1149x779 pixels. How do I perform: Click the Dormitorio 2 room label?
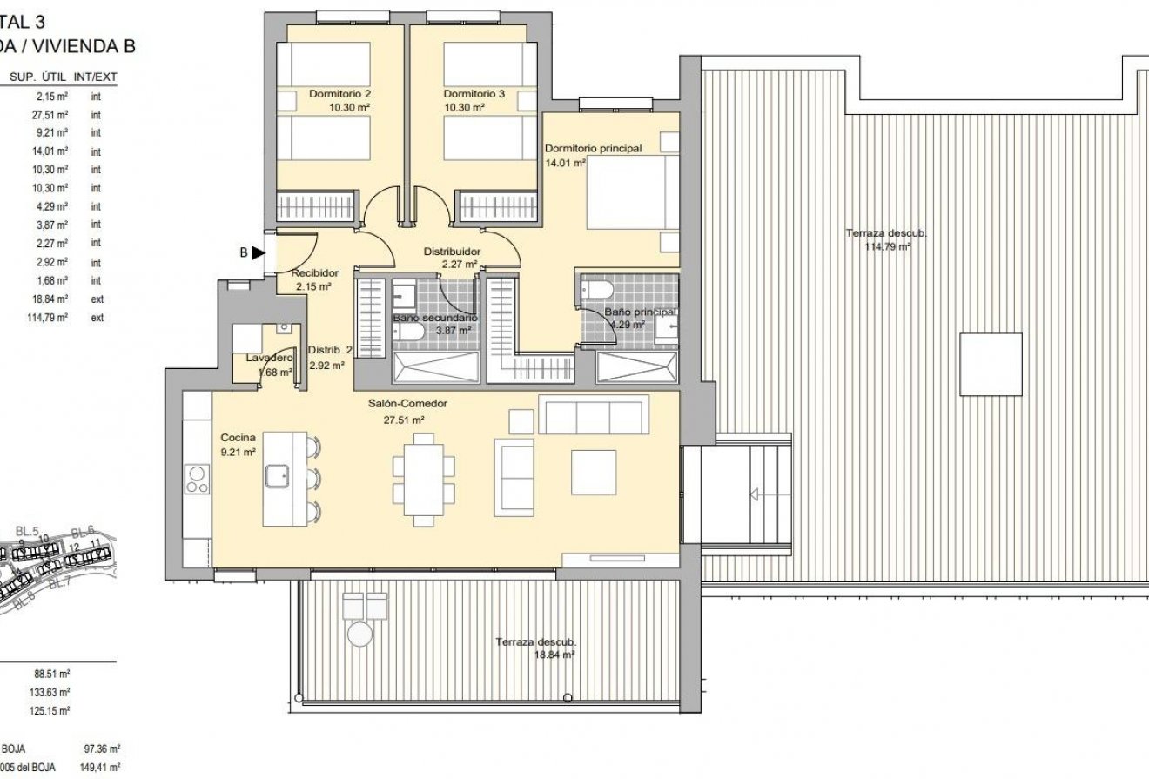coord(340,94)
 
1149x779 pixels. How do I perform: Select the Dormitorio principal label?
coord(593,149)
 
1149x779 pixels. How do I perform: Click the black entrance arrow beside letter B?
coord(258,253)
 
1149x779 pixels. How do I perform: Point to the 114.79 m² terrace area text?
coord(886,247)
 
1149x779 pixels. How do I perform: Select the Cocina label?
coord(238,438)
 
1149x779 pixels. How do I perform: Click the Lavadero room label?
coord(268,359)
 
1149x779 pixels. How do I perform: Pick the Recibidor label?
coord(312,272)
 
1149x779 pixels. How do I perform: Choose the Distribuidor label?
coord(451,252)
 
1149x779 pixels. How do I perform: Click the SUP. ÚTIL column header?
coord(34,77)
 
